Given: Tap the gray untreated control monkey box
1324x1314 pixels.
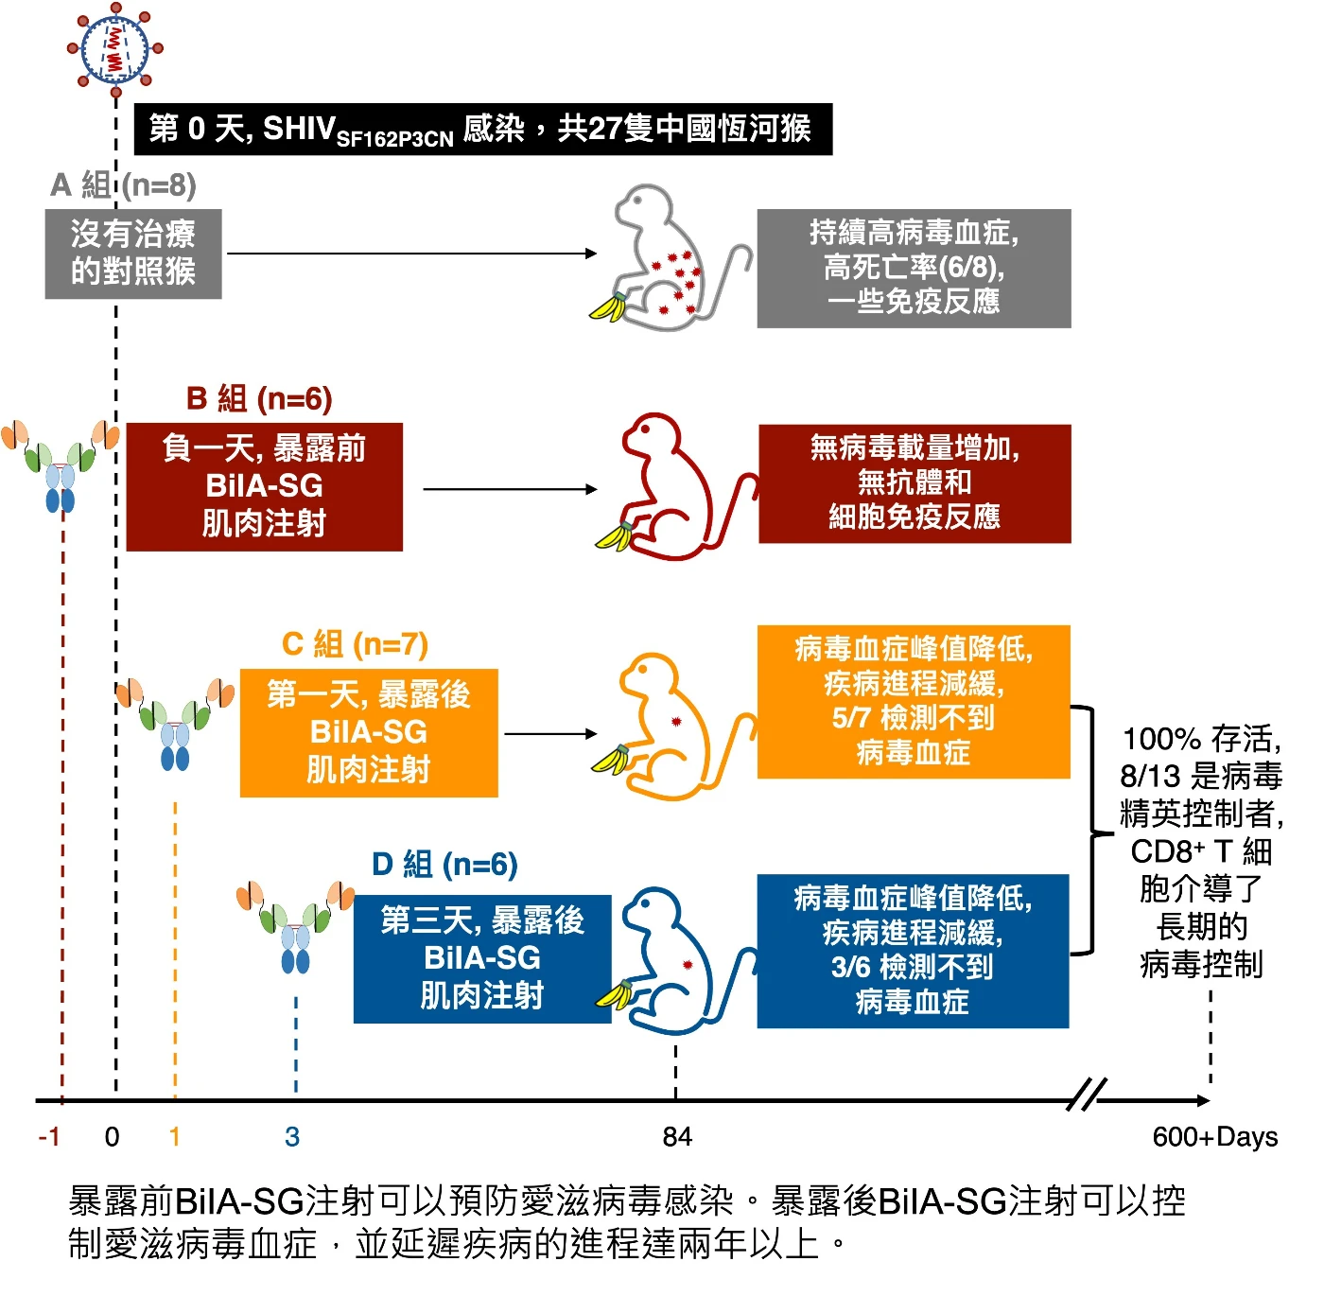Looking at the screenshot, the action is [133, 254].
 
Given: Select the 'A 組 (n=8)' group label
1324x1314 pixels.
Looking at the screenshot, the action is [124, 185].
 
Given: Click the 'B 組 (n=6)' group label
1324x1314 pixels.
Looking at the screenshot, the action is [259, 399].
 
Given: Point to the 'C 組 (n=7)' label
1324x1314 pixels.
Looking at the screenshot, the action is [356, 644].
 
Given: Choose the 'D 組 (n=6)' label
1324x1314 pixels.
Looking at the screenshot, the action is [444, 865].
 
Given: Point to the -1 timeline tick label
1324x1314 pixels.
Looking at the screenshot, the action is [49, 1136].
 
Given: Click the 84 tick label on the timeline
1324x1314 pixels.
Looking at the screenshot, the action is [677, 1136].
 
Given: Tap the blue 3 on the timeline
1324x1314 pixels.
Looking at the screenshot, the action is [292, 1136].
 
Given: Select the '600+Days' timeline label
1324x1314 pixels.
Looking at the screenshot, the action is [1214, 1136].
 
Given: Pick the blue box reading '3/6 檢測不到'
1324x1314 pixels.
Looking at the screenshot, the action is [913, 951].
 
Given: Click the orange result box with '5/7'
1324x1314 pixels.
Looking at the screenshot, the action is [914, 701].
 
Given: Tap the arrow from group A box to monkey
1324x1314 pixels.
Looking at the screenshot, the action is [411, 253].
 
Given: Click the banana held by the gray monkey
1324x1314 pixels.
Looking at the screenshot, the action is [609, 307].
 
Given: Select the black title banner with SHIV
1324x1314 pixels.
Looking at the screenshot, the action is [482, 130].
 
